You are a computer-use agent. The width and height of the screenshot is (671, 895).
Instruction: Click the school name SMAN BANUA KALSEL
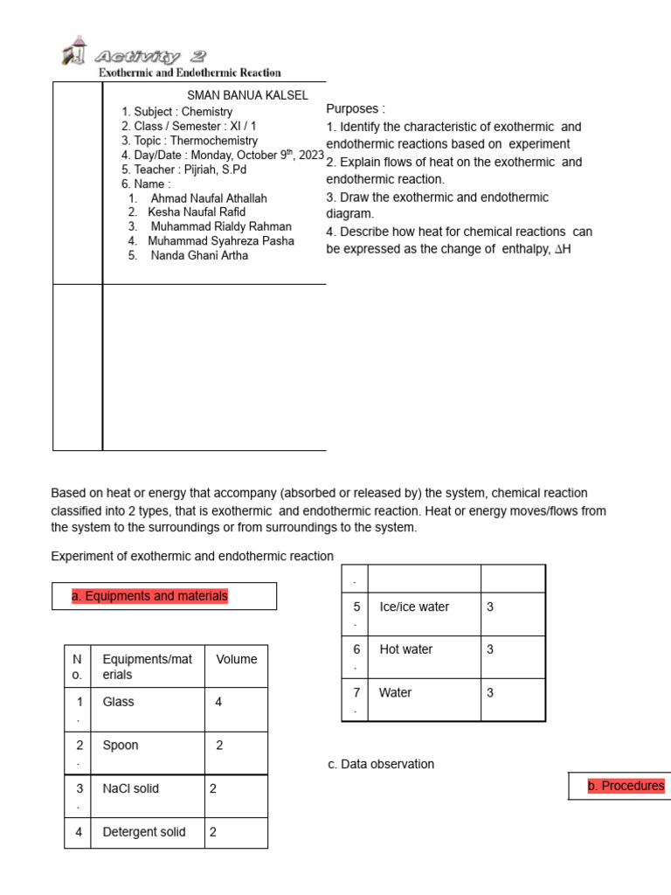(247, 95)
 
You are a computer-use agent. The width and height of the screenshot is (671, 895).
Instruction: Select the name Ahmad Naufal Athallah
(209, 198)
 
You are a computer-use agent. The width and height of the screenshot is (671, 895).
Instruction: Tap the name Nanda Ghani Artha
(199, 255)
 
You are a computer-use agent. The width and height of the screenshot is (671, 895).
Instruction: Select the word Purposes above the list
(355, 108)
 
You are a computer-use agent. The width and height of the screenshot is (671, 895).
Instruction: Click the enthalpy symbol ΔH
(563, 250)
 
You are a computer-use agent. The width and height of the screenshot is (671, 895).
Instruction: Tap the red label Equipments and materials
(149, 596)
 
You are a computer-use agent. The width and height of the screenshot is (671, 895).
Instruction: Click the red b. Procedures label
(626, 786)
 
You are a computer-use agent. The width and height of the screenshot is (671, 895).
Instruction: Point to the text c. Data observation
(381, 764)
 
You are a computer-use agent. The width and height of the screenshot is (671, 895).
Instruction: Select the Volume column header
(237, 659)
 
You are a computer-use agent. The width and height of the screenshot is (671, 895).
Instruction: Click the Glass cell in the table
(119, 702)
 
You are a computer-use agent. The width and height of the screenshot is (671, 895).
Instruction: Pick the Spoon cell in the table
(121, 746)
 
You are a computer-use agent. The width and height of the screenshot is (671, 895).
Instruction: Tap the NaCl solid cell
(131, 788)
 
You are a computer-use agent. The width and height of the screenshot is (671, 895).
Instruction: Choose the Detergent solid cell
(144, 832)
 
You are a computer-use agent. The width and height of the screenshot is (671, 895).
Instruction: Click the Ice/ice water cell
(414, 607)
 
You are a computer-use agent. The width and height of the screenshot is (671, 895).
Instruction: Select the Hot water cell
(406, 649)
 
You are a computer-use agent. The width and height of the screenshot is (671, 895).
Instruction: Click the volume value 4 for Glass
(218, 702)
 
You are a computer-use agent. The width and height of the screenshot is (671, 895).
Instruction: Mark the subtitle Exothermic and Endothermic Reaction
(190, 73)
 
